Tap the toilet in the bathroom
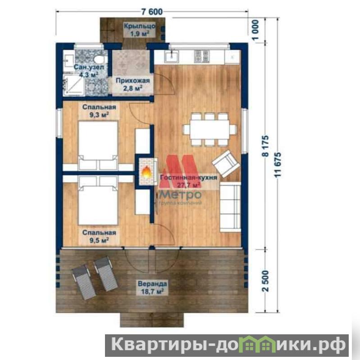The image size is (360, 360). [x=99, y=59]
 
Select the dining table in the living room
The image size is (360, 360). [x=210, y=129]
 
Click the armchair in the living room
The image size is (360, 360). [x=226, y=163]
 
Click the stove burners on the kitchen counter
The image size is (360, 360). [x=201, y=56]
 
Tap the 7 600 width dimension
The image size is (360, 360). [x=152, y=11]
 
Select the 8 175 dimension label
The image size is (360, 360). [x=265, y=146]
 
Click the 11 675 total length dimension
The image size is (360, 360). [x=278, y=165]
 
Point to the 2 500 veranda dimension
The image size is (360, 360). [x=265, y=281]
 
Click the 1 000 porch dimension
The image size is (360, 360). [x=255, y=30]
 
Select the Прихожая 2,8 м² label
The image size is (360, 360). [x=133, y=84]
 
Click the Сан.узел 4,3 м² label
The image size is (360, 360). [x=89, y=71]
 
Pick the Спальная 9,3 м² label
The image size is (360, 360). [x=99, y=111]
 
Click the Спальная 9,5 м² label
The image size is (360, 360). [x=99, y=236]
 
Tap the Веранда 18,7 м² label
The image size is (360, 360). [x=152, y=287]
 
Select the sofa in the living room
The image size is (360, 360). [x=230, y=207]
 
